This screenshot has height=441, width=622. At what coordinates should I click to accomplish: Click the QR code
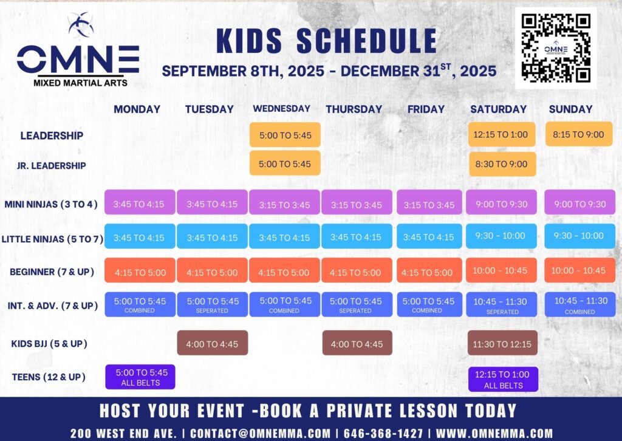coord(556,48)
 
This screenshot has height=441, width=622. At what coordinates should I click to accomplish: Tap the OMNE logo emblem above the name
coord(81,24)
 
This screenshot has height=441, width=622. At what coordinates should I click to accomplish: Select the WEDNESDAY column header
coord(282,109)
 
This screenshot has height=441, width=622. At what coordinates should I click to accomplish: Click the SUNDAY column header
coord(570,109)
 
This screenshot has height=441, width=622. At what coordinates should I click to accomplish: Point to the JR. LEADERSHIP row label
coord(51,166)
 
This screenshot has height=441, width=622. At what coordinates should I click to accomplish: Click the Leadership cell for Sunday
coord(579,134)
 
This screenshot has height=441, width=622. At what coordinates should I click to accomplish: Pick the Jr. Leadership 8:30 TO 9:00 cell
coord(502,164)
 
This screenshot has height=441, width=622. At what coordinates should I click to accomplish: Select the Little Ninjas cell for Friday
coord(429,236)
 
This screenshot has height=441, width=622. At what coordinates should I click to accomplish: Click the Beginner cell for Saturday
coord(501,270)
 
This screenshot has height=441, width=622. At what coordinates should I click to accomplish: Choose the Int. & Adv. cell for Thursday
coord(357,304)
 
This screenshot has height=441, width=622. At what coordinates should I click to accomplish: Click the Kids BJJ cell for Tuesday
coord(212,343)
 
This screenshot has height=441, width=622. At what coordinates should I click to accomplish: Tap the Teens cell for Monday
coord(140,377)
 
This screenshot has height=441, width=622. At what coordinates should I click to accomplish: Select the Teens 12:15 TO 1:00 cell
coord(503,379)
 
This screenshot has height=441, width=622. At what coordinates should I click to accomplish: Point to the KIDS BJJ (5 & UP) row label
coord(49,343)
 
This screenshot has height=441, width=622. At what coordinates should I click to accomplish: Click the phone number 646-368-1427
coord(383,433)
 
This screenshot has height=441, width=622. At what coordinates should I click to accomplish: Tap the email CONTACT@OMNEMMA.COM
coord(260,433)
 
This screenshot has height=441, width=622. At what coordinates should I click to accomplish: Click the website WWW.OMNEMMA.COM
coord(494,433)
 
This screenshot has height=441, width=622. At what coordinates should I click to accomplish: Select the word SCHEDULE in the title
coord(366,41)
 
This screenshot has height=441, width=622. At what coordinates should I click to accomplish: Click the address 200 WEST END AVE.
coord(123,433)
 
